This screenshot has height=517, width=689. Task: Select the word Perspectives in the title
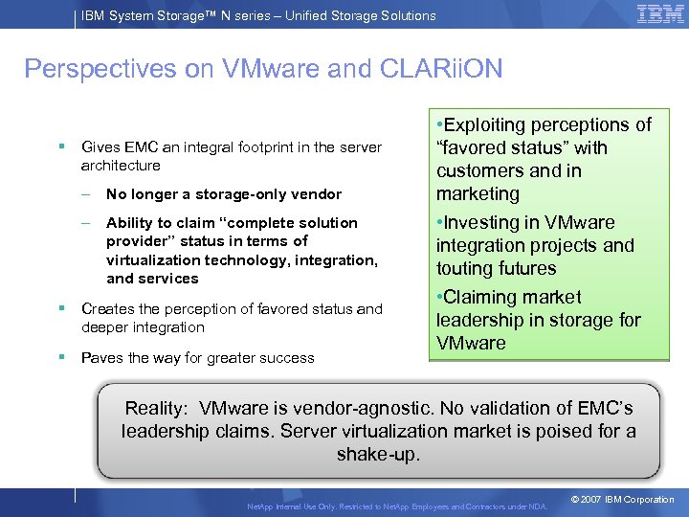click(x=87, y=69)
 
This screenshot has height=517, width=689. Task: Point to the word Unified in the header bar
click(x=298, y=15)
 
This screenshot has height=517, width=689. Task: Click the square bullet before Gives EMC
click(x=60, y=147)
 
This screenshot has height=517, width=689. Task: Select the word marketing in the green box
click(x=478, y=194)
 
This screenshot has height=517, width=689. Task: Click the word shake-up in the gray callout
click(x=378, y=454)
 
